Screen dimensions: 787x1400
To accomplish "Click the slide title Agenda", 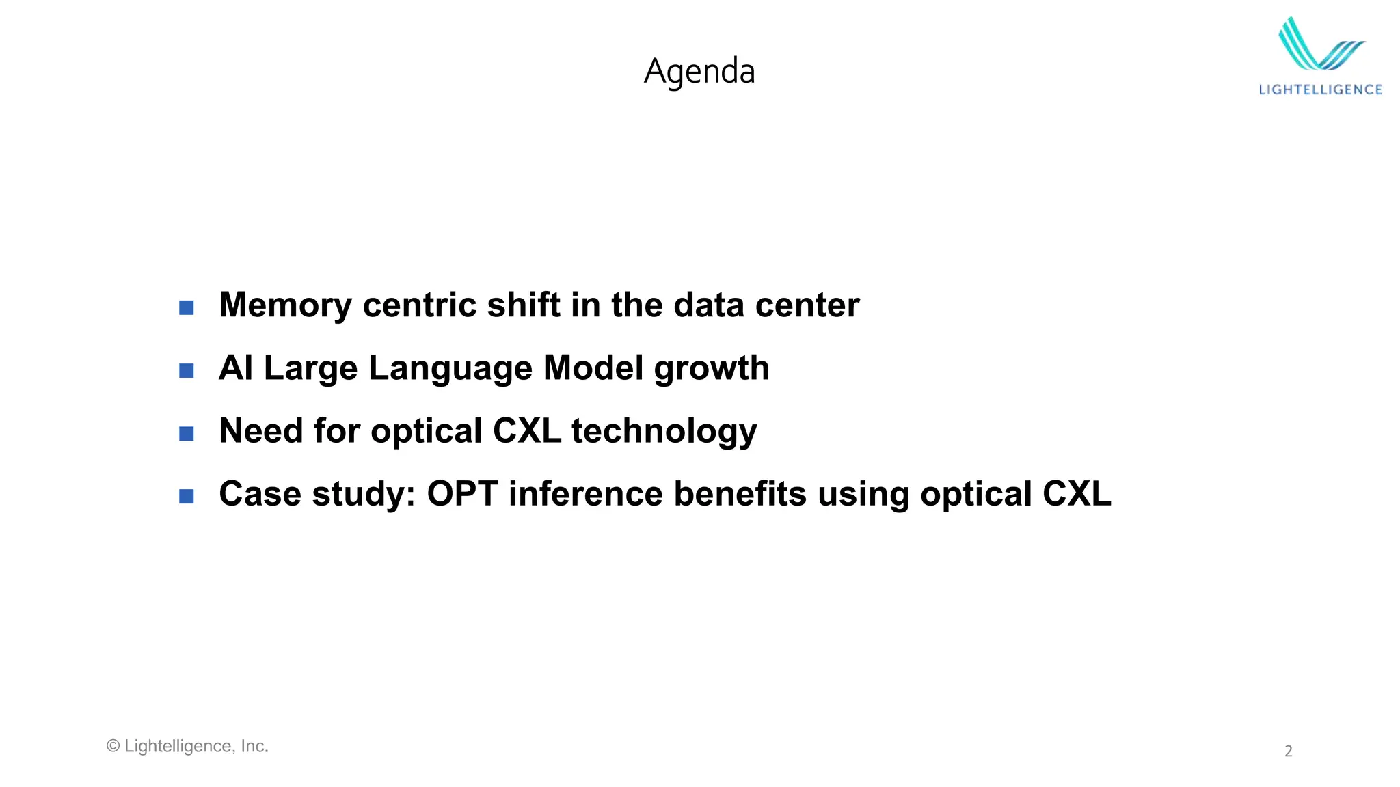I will (699, 71).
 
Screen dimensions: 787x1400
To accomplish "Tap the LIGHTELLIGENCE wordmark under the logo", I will (1320, 89).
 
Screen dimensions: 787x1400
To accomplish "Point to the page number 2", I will (1289, 751).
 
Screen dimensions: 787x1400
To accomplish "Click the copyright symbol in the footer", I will (113, 746).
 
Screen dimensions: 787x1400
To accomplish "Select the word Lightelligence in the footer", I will (178, 746).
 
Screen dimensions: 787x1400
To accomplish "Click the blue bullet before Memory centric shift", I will (186, 307).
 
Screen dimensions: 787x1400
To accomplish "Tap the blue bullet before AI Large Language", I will (186, 370).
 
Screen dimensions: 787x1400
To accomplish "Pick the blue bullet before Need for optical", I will (186, 433).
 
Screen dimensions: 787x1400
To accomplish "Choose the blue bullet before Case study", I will (186, 496).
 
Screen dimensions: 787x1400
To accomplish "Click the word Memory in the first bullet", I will (284, 305).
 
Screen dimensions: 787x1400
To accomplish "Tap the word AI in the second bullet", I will (236, 368).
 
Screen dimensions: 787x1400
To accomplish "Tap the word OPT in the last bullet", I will (462, 494).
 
